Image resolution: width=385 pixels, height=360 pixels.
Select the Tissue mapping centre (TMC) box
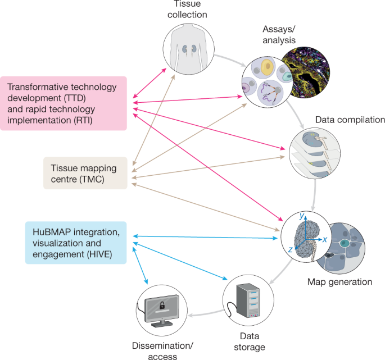pyautogui.click(x=85, y=173)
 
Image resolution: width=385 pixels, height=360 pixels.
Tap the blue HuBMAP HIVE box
pyautogui.click(x=75, y=242)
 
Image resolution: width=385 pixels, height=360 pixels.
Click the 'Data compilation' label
pyautogui.click(x=350, y=120)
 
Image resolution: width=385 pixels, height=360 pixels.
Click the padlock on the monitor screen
pyautogui.click(x=162, y=307)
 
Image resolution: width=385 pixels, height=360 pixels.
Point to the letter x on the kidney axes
pyautogui.click(x=324, y=240)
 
